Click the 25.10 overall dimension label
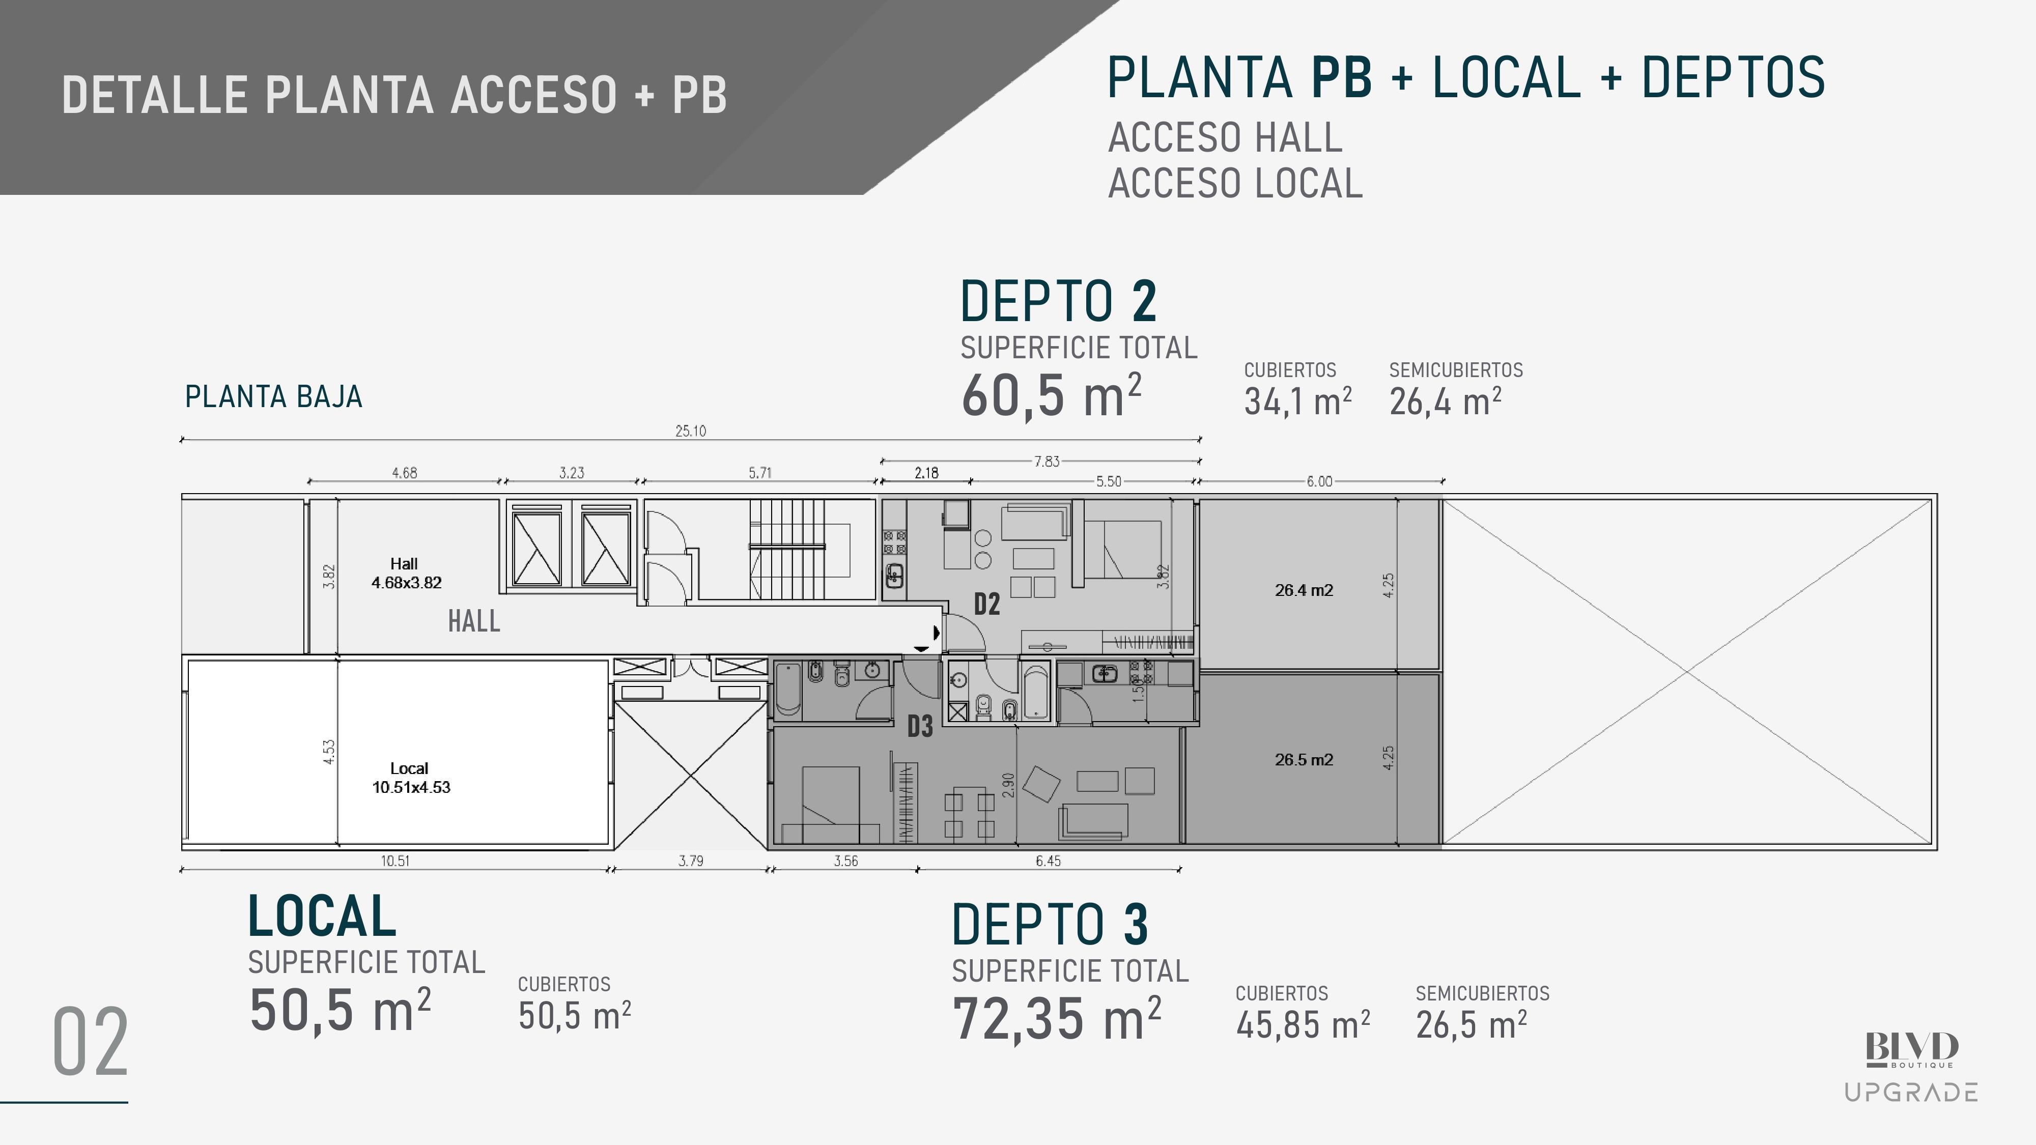pyautogui.click(x=690, y=431)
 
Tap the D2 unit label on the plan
pyautogui.click(x=986, y=605)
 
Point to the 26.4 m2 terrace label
pyautogui.click(x=1304, y=590)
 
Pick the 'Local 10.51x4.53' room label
pyautogui.click(x=411, y=778)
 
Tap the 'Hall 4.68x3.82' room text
pyautogui.click(x=406, y=573)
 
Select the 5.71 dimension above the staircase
pyautogui.click(x=759, y=473)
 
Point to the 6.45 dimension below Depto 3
pyautogui.click(x=1048, y=861)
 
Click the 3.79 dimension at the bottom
pyautogui.click(x=691, y=861)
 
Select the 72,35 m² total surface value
pyautogui.click(x=1057, y=1019)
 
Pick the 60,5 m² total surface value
pyautogui.click(x=1051, y=395)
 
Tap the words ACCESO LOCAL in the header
pyautogui.click(x=1235, y=183)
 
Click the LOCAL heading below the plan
pyautogui.click(x=322, y=916)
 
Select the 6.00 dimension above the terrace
pyautogui.click(x=1319, y=481)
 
